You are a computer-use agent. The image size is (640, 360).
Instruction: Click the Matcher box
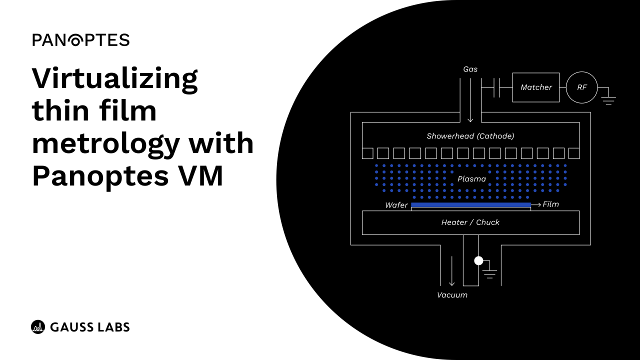pos(536,87)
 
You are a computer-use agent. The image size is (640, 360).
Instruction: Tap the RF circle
pos(582,87)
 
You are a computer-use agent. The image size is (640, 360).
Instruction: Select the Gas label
pos(470,69)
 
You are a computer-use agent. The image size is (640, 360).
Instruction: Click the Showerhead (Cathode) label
pos(470,136)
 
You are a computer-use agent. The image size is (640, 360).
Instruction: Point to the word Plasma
pos(471,178)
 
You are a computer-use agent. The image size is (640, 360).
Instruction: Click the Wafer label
pos(396,205)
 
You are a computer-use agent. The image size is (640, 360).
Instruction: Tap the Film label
pos(550,204)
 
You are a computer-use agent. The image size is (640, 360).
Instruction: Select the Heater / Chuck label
pos(470,222)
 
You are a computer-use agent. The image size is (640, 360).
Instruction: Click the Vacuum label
pos(452,295)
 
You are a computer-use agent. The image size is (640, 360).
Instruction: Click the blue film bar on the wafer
pos(470,204)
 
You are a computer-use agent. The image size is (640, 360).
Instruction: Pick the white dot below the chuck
pos(478,260)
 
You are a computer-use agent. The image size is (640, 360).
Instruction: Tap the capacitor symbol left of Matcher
pos(496,87)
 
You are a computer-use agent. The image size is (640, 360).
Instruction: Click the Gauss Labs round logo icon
pos(38,327)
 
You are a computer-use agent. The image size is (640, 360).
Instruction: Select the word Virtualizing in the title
pos(115,78)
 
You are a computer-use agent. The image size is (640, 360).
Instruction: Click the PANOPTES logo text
pos(81,40)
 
